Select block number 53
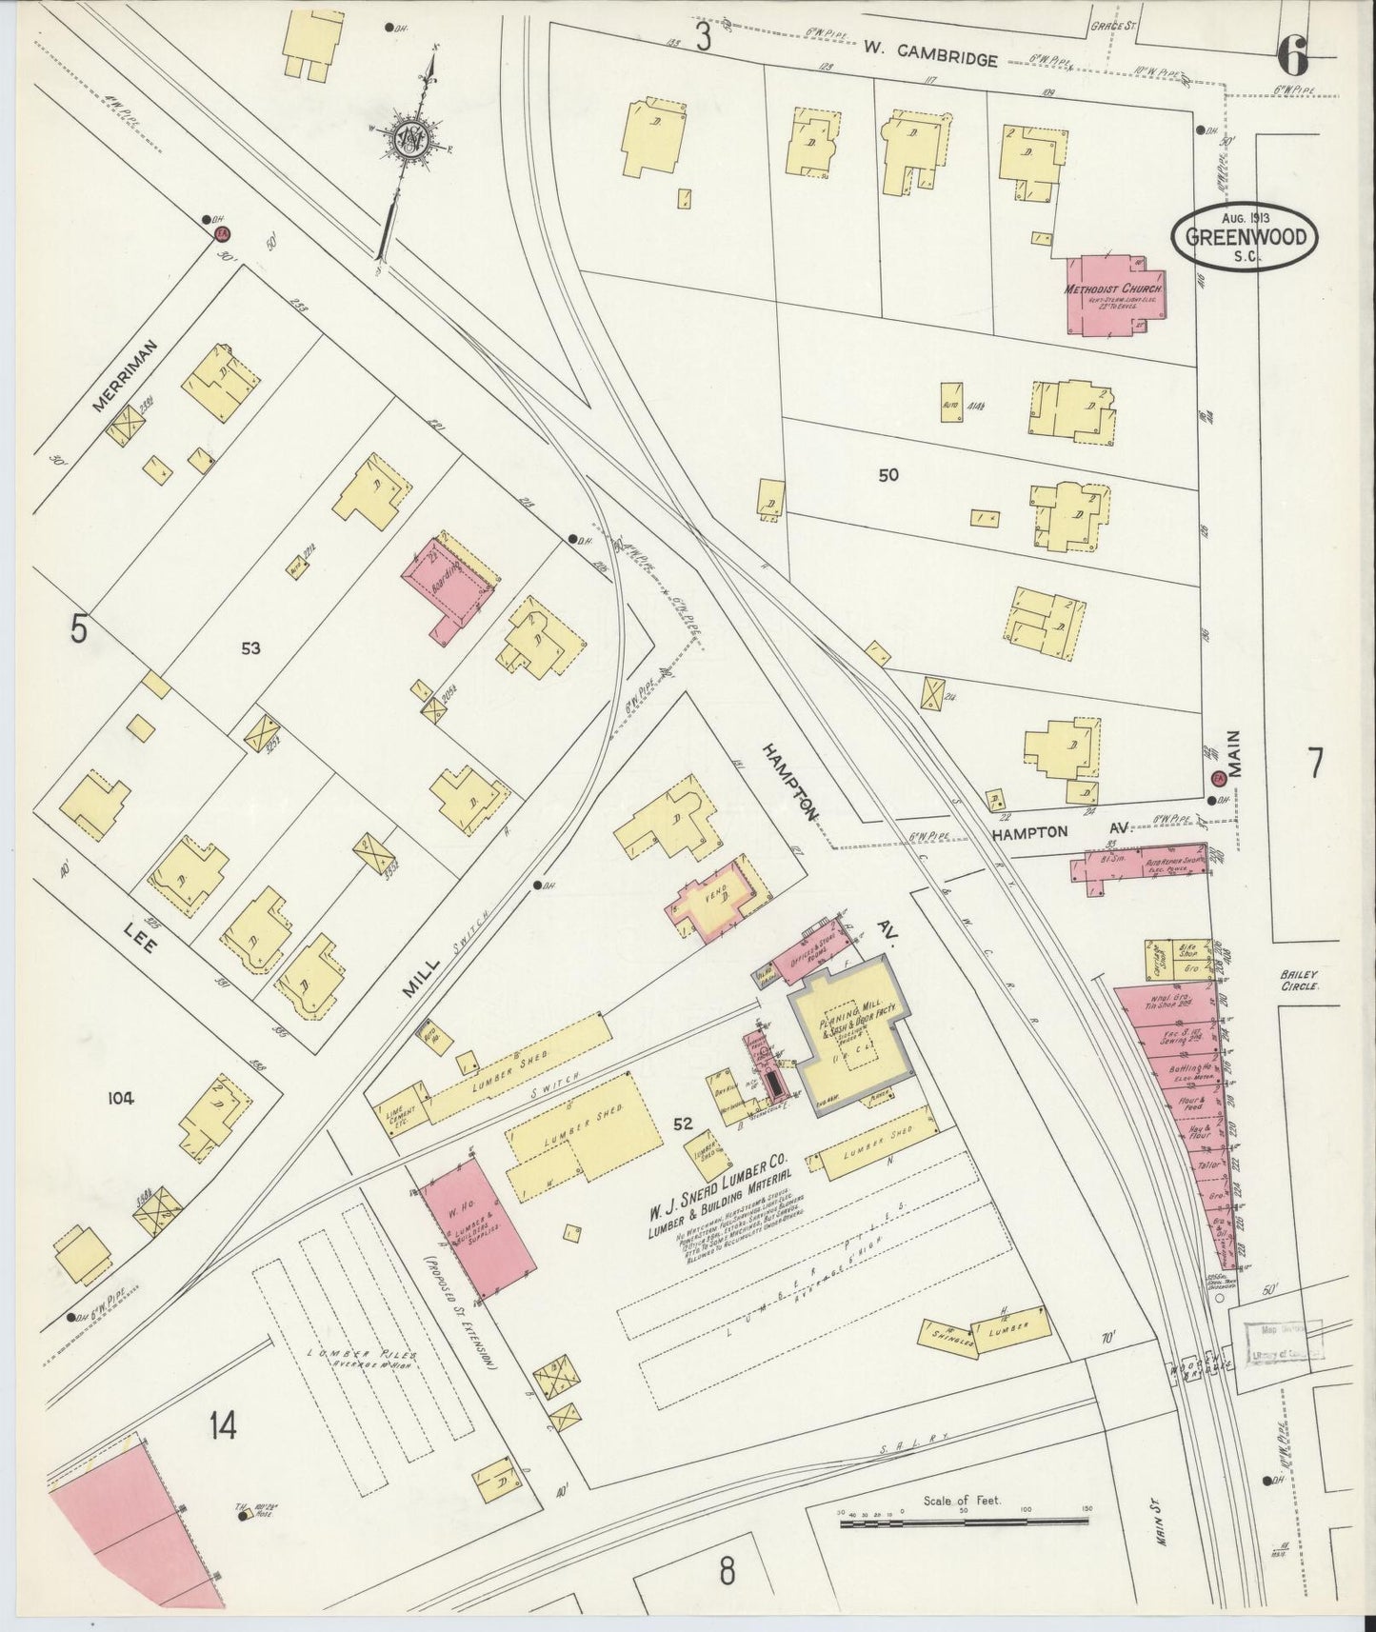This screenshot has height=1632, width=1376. (x=249, y=648)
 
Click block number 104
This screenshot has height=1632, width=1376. (x=121, y=1098)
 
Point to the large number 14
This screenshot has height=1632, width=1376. (x=223, y=1424)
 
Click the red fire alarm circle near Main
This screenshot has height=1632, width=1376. (x=1216, y=778)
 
